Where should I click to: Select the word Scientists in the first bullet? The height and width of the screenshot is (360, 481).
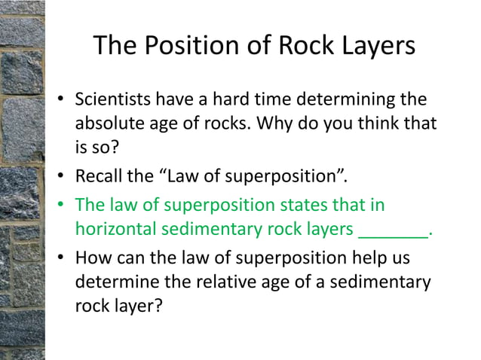click(110, 99)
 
